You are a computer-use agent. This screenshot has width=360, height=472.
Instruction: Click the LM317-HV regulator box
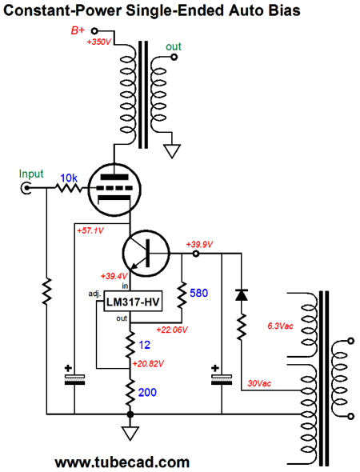point(133,301)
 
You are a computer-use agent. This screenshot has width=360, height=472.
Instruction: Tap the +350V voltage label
point(99,42)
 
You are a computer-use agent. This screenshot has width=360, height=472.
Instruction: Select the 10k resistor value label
point(69,178)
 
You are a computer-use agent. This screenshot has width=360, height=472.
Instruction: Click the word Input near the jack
point(31,174)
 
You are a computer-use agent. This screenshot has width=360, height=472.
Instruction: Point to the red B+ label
point(78,30)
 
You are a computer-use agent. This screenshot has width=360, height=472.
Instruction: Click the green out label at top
point(174,46)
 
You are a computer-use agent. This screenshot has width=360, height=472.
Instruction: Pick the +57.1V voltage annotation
point(90,231)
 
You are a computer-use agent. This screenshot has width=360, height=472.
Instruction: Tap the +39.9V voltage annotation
point(199,245)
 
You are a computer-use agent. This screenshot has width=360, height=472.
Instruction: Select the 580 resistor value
point(198,293)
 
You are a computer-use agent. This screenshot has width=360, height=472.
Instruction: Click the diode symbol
point(242,294)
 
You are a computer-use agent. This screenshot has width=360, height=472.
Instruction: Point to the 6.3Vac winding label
point(280,326)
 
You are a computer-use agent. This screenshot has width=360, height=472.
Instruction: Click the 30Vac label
point(259,383)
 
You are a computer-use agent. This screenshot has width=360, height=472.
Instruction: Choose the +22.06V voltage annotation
point(172,330)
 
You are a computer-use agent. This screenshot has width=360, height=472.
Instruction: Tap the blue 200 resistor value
point(147,392)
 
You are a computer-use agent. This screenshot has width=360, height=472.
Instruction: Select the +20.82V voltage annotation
point(148,364)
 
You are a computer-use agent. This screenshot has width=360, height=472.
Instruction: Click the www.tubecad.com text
point(122,462)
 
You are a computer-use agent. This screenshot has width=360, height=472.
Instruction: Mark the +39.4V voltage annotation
point(114,276)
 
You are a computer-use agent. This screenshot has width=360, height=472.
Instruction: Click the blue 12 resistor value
point(145,345)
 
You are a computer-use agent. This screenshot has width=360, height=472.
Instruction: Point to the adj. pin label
point(95,294)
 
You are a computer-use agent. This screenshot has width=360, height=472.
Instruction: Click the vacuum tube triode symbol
point(114,190)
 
